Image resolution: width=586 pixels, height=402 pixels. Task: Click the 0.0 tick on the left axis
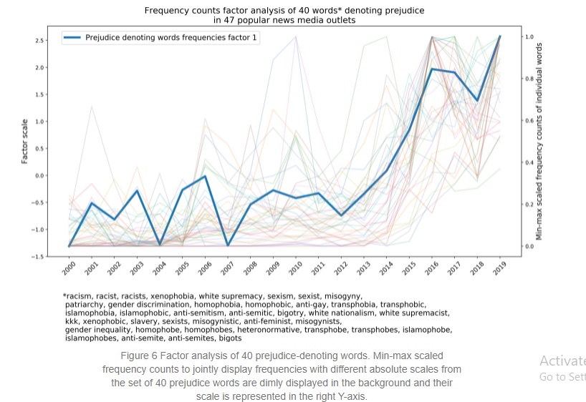click(41, 175)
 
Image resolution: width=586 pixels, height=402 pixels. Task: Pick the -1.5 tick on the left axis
click(39, 256)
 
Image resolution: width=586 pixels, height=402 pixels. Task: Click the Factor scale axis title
click(25, 142)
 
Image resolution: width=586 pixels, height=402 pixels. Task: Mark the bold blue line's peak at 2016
click(432, 69)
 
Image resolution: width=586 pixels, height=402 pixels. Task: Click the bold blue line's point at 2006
click(206, 176)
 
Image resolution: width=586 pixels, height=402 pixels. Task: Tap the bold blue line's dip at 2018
click(477, 101)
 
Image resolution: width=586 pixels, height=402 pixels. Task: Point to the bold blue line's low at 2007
click(228, 245)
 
